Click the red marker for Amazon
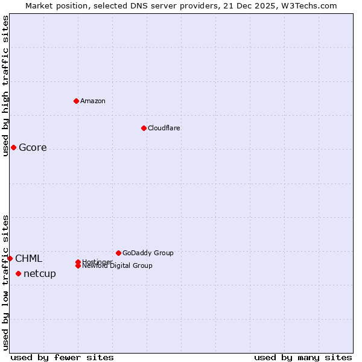(x=76, y=101)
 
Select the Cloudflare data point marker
(x=144, y=128)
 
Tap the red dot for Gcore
(x=13, y=148)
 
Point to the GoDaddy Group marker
(x=118, y=253)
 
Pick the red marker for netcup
(x=18, y=274)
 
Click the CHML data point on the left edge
(x=10, y=259)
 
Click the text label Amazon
(x=92, y=101)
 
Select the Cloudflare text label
(x=164, y=128)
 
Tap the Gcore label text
(x=33, y=148)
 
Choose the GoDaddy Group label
(x=148, y=253)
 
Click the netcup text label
(x=40, y=274)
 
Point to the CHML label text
(x=29, y=259)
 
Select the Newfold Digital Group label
(x=117, y=266)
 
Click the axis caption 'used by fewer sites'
(x=62, y=358)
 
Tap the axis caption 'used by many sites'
(x=303, y=358)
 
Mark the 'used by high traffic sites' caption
(x=5, y=86)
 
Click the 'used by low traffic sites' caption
(x=5, y=282)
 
